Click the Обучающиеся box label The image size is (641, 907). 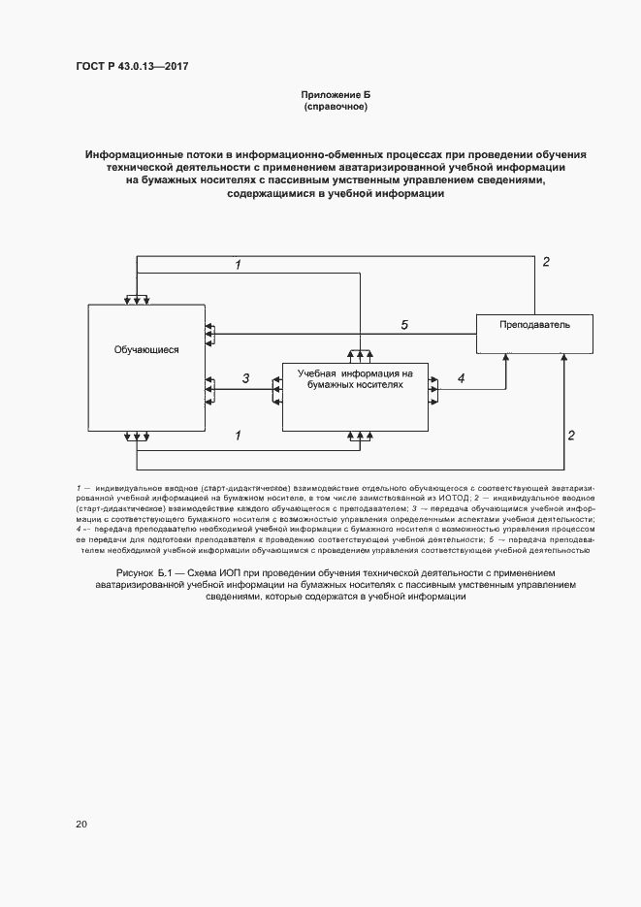146,349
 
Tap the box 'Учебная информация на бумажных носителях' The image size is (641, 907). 355,395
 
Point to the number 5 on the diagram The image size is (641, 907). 404,325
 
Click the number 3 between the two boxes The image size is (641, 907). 246,378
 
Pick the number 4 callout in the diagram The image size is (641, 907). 461,378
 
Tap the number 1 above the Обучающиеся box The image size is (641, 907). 239,265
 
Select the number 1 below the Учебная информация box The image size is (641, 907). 239,437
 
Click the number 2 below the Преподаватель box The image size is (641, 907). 571,436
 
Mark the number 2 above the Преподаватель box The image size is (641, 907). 546,262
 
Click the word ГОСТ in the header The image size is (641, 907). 91,66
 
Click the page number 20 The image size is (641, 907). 81,824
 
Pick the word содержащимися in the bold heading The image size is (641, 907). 270,193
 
